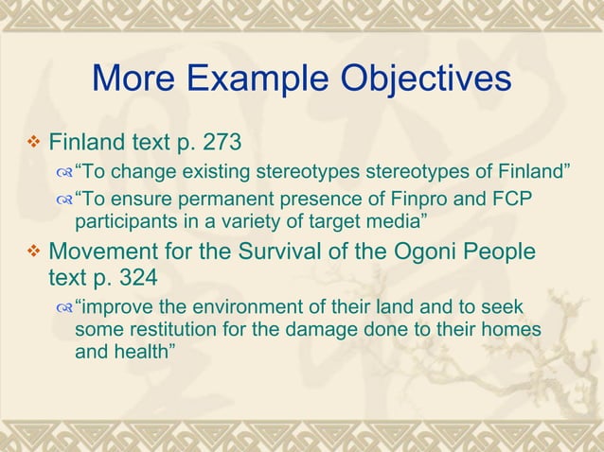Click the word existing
click(x=204, y=173)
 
